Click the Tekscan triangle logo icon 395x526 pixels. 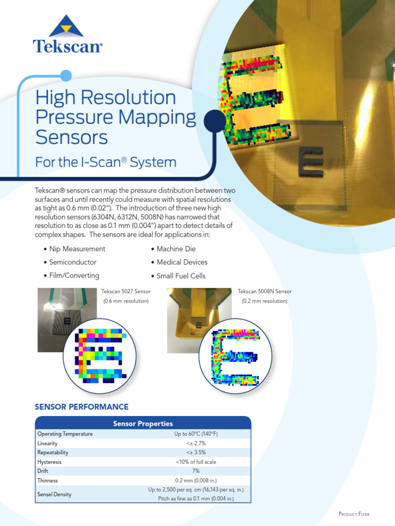click(66, 26)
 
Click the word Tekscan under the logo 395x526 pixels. click(67, 46)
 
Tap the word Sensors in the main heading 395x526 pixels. click(71, 137)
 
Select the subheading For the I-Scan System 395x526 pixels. click(105, 163)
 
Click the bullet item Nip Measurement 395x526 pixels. click(77, 249)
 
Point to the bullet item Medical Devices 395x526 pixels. click(182, 262)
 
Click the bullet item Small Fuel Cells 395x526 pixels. click(181, 276)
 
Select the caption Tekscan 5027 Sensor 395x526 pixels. click(126, 291)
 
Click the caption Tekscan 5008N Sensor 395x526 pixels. click(264, 291)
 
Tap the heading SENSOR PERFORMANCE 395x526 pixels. click(81, 407)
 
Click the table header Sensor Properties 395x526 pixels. click(143, 424)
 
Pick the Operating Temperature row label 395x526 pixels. click(65, 434)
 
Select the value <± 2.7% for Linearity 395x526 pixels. click(195, 443)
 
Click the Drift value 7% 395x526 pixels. click(195, 471)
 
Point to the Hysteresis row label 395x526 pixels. click(49, 462)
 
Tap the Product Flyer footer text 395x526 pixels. click(353, 514)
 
